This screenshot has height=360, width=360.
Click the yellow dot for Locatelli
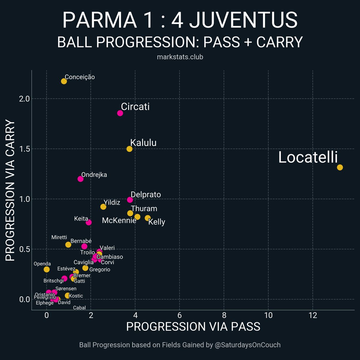click(x=340, y=167)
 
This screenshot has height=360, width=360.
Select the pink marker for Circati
click(x=120, y=113)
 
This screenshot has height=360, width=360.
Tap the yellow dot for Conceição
click(x=64, y=81)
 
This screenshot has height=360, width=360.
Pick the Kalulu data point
click(x=129, y=149)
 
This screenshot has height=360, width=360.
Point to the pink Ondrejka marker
click(x=80, y=179)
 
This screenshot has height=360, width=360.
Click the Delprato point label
click(x=146, y=195)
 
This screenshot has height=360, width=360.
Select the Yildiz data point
click(x=103, y=207)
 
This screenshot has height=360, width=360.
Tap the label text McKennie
click(x=119, y=220)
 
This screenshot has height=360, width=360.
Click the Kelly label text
click(x=157, y=222)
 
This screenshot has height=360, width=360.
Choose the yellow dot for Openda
click(x=46, y=269)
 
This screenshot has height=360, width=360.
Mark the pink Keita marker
click(x=88, y=222)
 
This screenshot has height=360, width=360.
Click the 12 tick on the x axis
click(x=313, y=316)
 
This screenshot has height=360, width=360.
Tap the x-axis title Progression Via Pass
click(x=193, y=327)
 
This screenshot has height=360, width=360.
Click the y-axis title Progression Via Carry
click(x=10, y=190)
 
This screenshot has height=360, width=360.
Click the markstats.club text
click(x=180, y=57)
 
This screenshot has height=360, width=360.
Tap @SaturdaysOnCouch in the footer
click(x=248, y=345)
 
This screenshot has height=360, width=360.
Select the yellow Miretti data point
click(x=68, y=244)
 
